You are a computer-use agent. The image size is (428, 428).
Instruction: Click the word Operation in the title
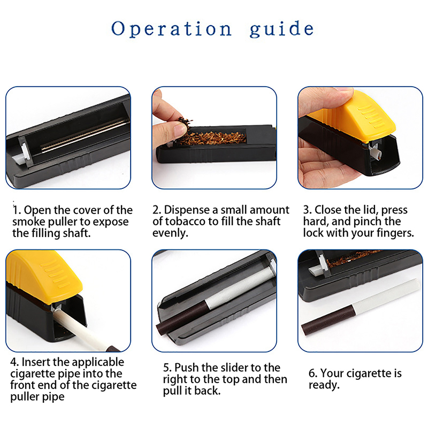click(171, 29)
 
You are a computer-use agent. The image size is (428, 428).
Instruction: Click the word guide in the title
click(282, 29)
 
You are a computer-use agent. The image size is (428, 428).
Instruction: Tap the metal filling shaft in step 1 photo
click(85, 135)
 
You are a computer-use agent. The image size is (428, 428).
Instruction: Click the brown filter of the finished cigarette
click(327, 320)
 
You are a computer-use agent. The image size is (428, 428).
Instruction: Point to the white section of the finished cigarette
click(385, 294)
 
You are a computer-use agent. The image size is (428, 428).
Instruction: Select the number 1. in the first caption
click(17, 210)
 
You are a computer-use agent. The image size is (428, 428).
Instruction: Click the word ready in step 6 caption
click(324, 385)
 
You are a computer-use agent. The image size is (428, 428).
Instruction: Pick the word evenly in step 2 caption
click(170, 233)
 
